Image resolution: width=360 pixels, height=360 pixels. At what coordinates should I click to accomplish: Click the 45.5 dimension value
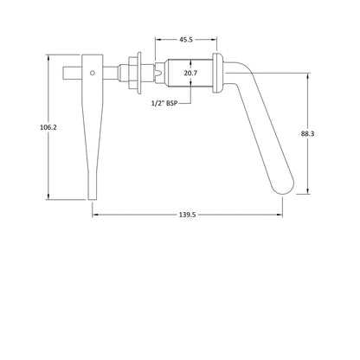186,40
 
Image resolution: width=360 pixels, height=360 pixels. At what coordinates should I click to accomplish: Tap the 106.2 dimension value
48,127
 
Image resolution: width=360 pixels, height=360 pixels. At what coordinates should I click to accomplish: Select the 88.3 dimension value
307,133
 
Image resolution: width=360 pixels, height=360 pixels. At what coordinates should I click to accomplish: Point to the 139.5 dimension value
188,215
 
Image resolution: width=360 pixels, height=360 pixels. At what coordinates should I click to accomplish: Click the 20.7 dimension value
190,73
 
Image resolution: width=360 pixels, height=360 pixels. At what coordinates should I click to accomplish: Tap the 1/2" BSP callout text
164,103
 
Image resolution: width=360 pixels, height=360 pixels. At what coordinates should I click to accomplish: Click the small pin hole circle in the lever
93,73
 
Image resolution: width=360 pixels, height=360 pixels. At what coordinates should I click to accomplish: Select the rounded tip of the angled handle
284,190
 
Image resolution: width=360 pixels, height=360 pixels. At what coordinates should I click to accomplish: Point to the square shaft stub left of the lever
73,73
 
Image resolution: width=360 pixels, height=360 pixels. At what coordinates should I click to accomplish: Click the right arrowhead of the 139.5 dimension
280,215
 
